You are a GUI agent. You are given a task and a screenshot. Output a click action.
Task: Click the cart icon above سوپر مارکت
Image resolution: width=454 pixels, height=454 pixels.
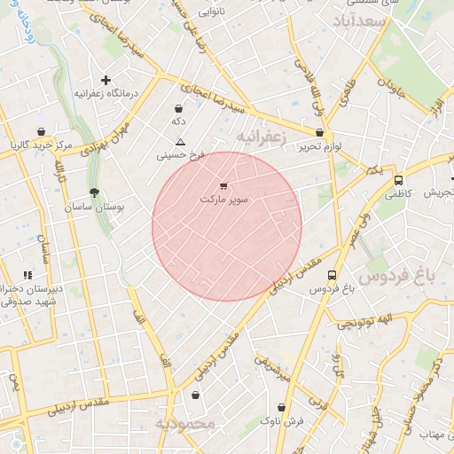point(222,186)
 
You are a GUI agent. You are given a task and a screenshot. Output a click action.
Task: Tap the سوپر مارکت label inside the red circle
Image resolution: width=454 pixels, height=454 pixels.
point(225,200)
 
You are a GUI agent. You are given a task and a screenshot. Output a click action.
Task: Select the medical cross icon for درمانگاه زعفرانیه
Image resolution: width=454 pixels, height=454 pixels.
point(106,80)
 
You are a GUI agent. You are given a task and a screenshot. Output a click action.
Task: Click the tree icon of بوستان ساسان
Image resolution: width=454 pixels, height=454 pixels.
point(94,192)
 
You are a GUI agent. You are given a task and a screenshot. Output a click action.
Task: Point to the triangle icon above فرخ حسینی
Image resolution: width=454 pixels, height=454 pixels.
point(180,142)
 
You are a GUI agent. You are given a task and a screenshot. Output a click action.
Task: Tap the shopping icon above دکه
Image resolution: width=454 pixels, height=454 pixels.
point(179,108)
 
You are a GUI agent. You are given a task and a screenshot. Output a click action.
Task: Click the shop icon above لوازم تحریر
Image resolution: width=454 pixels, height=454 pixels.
point(319,132)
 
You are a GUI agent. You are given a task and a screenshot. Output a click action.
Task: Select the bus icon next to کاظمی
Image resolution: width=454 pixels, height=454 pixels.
point(398,179)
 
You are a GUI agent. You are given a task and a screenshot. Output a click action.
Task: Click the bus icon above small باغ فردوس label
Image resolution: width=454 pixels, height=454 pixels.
point(332,275)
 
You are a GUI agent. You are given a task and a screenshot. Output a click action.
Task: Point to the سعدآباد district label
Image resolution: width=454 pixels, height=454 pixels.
point(360,20)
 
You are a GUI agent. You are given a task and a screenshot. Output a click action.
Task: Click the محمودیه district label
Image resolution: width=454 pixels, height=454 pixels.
point(185,424)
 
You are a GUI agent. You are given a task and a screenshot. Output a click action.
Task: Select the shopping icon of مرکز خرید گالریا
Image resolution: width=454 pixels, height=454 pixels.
point(42,131)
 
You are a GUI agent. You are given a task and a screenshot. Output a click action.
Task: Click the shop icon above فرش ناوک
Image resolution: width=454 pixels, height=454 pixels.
point(281,407)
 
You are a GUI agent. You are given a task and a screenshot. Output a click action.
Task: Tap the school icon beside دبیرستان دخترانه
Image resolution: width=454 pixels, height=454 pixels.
point(27,275)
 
